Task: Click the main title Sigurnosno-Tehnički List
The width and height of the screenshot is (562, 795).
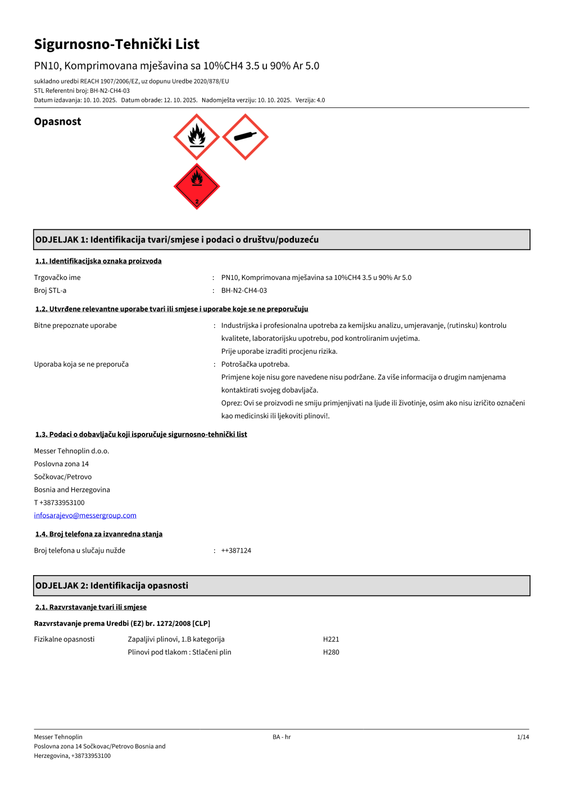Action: point(117,44)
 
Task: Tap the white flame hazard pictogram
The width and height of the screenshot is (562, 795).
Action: point(196,137)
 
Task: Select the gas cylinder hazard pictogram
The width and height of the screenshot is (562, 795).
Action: point(245,137)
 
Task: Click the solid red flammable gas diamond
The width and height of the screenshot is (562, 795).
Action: point(196,186)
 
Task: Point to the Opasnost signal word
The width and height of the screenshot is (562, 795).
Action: point(57,121)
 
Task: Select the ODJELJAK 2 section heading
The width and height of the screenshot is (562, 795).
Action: point(112,585)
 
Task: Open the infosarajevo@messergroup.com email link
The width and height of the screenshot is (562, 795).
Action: point(85,516)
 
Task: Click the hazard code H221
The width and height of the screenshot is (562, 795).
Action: point(331,639)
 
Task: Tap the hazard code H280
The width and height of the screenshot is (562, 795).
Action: point(331,652)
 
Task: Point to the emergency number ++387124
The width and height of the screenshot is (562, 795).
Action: point(236,550)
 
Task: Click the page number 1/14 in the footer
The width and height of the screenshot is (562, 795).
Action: point(523,737)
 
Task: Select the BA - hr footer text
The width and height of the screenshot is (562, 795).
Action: point(282,737)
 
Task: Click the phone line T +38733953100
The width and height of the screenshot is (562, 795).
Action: point(59,503)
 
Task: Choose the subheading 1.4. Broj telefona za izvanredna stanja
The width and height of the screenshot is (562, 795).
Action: point(99,534)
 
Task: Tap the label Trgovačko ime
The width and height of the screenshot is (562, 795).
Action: point(57,278)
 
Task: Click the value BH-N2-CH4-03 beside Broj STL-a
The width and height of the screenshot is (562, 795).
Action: point(244,291)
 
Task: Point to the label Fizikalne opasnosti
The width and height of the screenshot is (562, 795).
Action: point(64,639)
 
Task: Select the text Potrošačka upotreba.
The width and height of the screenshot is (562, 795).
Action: point(255,364)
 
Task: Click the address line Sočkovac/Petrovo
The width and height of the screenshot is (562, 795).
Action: point(62,477)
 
